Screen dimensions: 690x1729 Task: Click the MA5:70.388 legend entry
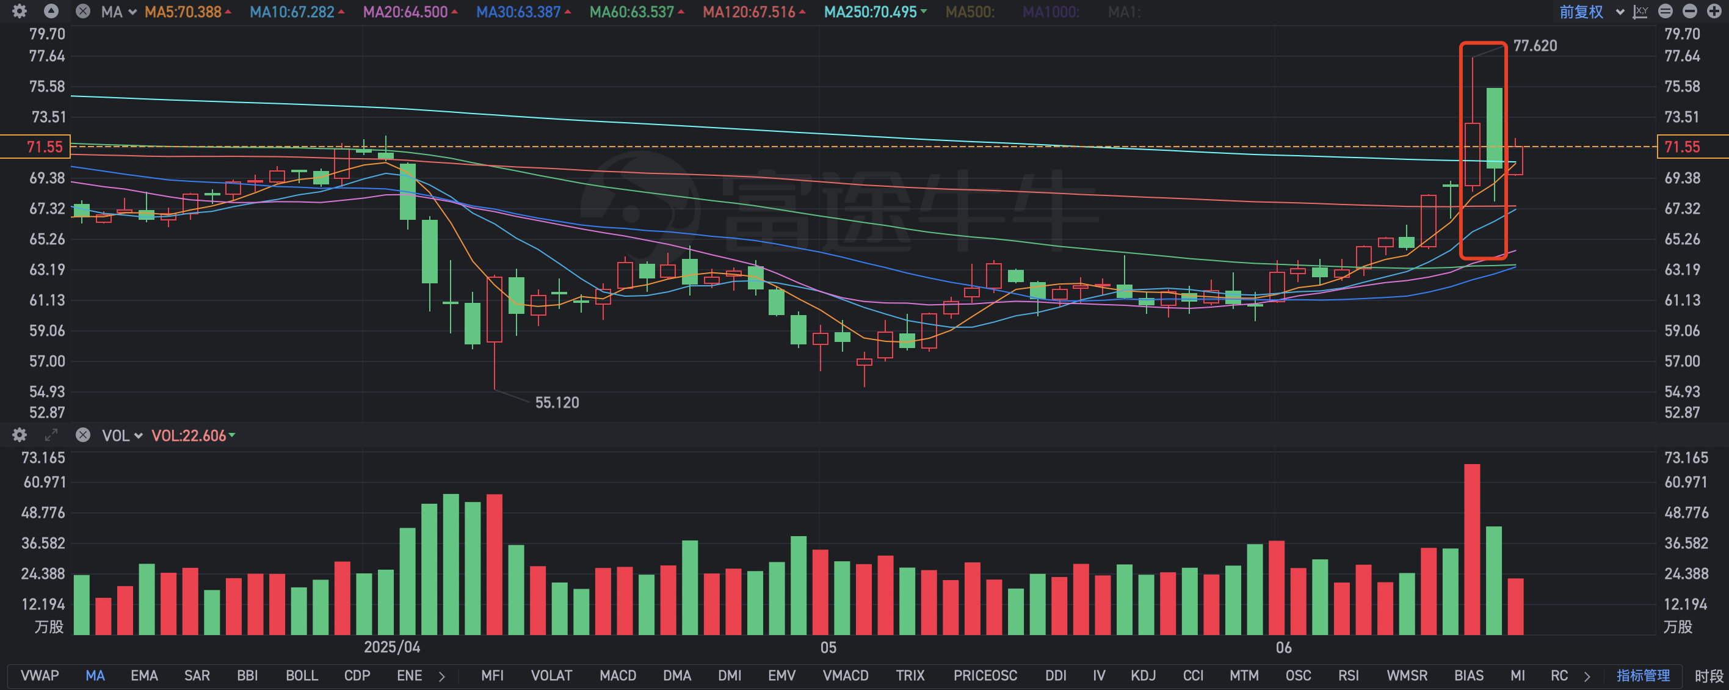(x=183, y=12)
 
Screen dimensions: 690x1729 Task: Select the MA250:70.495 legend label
(x=871, y=12)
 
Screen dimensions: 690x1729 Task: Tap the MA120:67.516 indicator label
(x=749, y=12)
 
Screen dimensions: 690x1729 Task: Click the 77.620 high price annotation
(x=1534, y=46)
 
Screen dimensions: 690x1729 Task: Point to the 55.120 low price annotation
(x=556, y=403)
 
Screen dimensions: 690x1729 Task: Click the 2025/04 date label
(x=392, y=647)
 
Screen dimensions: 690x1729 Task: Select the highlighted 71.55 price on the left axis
(x=45, y=147)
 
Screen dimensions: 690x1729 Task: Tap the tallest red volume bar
(x=1472, y=549)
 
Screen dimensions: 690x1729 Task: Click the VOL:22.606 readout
(x=189, y=435)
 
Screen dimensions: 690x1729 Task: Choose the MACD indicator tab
(x=617, y=675)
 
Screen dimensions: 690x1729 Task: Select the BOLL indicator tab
(x=302, y=675)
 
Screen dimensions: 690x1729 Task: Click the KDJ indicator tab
(x=1142, y=675)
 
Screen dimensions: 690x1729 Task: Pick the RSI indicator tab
(x=1348, y=675)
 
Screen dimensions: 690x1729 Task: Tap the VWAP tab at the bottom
(x=40, y=675)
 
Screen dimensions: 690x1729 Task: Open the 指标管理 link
(x=1642, y=675)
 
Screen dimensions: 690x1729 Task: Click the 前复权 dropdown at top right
(x=1590, y=12)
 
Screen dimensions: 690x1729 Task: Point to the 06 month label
(x=1283, y=647)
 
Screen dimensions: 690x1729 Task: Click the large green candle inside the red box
(x=1495, y=128)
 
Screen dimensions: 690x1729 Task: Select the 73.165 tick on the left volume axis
(x=43, y=458)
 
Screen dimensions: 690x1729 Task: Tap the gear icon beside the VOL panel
(x=20, y=435)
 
